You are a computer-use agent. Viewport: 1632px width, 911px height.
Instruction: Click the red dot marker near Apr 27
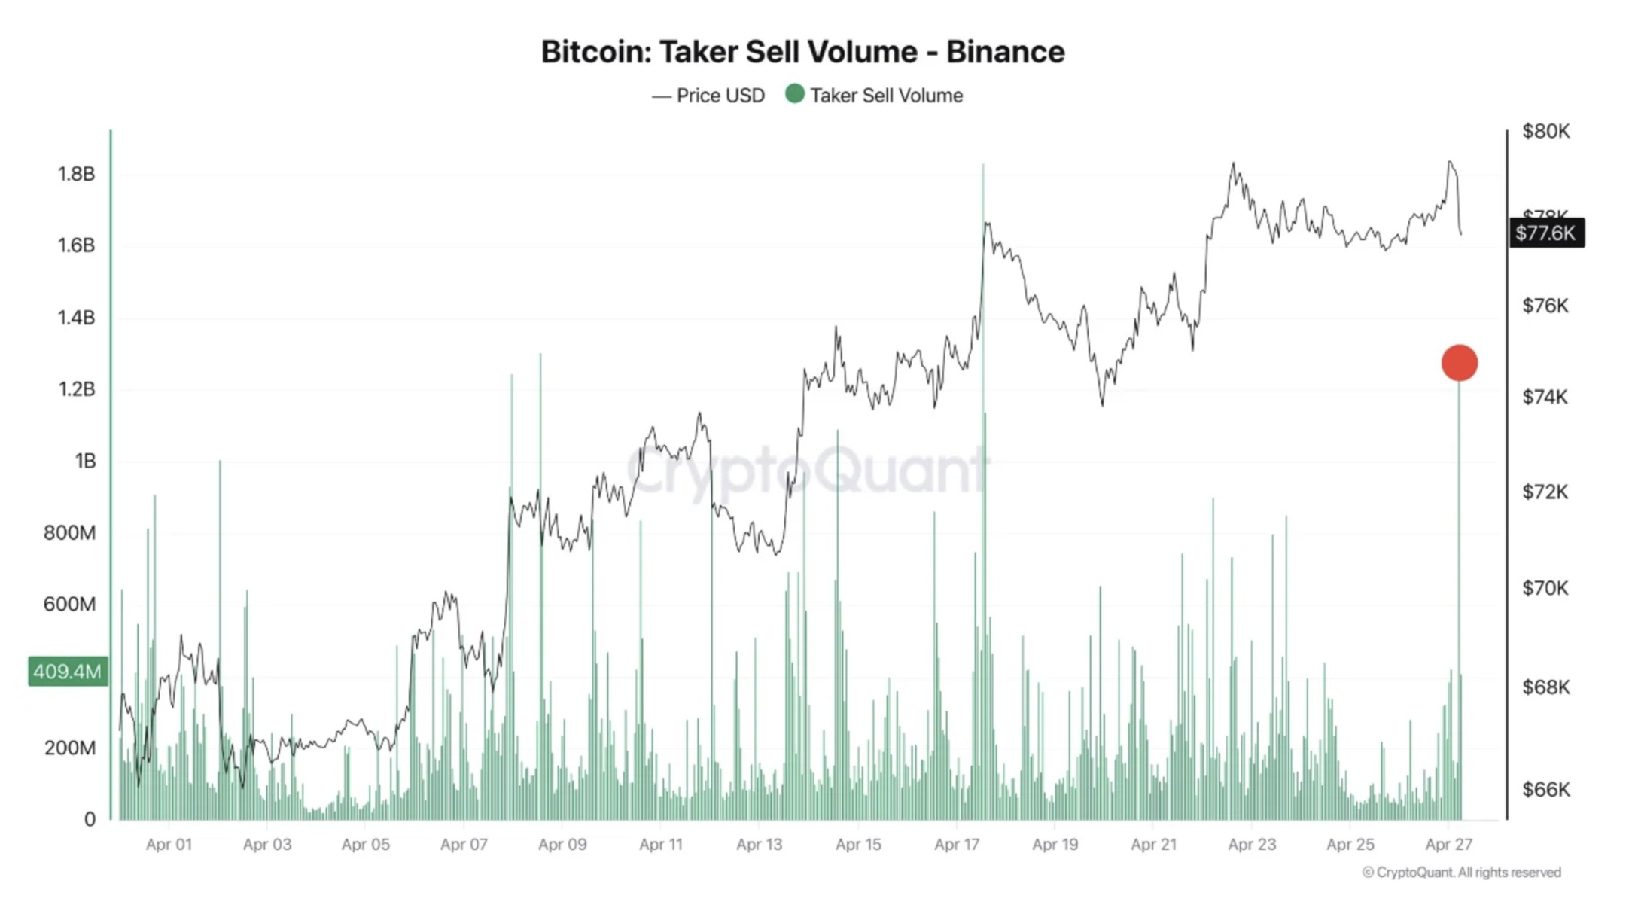pyautogui.click(x=1459, y=363)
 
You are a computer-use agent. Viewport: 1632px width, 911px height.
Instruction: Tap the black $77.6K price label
pyautogui.click(x=1546, y=233)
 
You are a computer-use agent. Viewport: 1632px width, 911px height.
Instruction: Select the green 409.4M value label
pyautogui.click(x=67, y=671)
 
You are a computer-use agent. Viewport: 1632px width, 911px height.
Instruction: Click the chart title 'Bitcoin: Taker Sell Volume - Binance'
pyautogui.click(x=802, y=52)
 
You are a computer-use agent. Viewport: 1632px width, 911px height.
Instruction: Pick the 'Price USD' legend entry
pyautogui.click(x=708, y=96)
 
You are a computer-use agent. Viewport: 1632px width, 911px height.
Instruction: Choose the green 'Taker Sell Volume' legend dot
pyautogui.click(x=794, y=94)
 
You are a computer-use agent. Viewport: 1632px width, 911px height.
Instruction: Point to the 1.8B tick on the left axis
pyautogui.click(x=76, y=174)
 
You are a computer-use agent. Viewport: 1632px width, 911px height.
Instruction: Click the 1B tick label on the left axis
pyautogui.click(x=85, y=461)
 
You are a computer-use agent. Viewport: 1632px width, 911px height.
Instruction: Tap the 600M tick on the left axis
pyautogui.click(x=69, y=604)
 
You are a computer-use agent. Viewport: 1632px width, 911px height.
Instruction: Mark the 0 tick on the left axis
pyautogui.click(x=90, y=819)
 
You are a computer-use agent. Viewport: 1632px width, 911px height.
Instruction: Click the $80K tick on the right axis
pyautogui.click(x=1545, y=131)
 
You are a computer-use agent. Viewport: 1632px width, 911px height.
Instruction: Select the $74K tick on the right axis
pyautogui.click(x=1545, y=397)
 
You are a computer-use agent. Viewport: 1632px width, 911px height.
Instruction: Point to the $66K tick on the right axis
pyautogui.click(x=1545, y=789)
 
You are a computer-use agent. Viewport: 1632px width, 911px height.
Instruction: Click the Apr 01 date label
pyautogui.click(x=169, y=845)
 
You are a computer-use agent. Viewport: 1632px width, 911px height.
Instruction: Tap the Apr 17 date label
pyautogui.click(x=956, y=845)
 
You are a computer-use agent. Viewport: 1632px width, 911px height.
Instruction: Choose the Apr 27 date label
pyautogui.click(x=1448, y=845)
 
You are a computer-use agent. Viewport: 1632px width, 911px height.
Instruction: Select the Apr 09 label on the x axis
pyautogui.click(x=562, y=845)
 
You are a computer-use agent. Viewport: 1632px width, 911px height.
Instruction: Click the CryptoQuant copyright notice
pyautogui.click(x=1461, y=873)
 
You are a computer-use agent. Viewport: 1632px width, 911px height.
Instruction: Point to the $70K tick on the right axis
pyautogui.click(x=1545, y=588)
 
